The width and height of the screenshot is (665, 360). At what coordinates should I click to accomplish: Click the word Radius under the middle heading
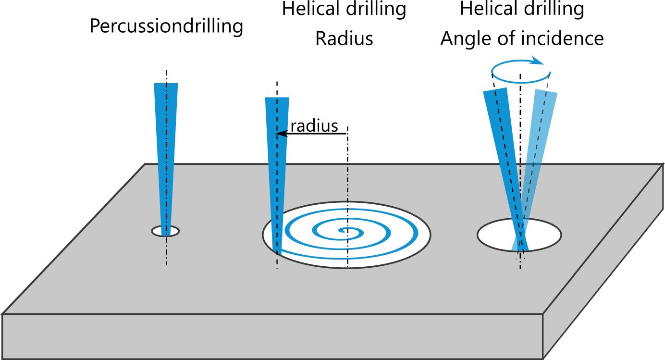click(x=344, y=39)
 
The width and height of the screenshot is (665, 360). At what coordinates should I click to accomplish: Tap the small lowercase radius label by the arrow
click(x=314, y=126)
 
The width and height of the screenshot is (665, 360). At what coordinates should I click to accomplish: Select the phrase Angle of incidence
click(x=522, y=38)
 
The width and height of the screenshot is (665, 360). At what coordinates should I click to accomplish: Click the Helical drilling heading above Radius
click(x=344, y=9)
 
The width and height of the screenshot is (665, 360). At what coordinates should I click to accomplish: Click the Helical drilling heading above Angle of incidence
click(x=522, y=9)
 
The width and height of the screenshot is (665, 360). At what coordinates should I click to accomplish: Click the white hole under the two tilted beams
click(x=495, y=236)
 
